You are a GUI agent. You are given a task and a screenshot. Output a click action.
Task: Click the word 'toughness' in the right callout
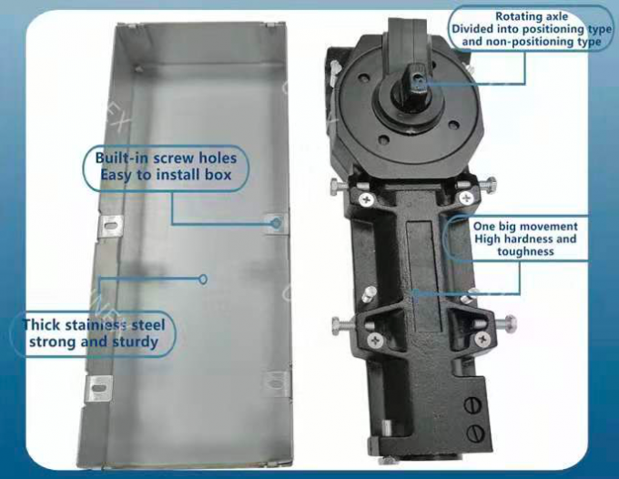[x=525, y=251]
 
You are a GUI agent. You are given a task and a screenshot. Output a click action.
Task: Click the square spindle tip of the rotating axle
[x=415, y=84]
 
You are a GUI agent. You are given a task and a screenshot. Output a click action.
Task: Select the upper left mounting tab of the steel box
[x=112, y=225]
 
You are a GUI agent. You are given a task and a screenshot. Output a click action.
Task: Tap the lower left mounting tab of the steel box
[x=99, y=388]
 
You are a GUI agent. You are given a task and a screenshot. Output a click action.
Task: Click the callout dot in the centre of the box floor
[x=204, y=278]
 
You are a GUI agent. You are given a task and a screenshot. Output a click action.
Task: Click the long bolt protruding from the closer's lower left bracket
[x=341, y=322]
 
